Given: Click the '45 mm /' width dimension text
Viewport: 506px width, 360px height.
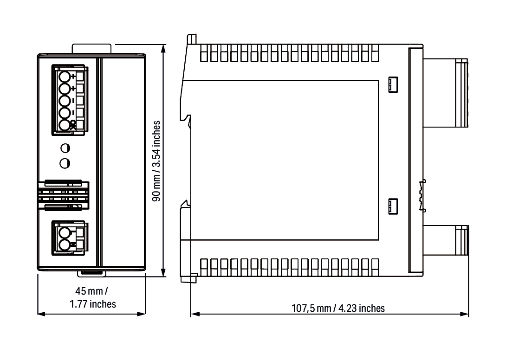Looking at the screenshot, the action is pos(91,291).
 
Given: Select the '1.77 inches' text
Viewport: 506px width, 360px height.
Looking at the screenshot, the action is pos(93,304).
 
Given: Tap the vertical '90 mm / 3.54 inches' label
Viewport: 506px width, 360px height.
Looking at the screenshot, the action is pos(156,161).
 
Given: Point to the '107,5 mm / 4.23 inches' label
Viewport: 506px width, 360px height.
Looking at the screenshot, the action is pos(338,308).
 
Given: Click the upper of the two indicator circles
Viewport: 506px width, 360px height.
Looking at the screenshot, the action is pos(65,148).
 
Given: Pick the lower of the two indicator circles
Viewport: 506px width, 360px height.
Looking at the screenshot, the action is pos(65,163).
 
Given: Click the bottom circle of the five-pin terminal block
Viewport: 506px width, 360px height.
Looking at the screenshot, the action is pos(65,125).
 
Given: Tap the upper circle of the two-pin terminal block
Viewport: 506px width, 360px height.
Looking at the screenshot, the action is pos(65,232).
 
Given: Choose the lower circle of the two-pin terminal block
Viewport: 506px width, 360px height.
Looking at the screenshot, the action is pos(65,244).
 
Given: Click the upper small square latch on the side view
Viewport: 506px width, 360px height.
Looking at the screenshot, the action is pos(393,85).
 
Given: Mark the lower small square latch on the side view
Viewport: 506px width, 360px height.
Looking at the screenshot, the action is pos(393,206).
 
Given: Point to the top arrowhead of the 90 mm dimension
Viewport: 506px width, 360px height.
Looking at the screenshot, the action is pos(163,48).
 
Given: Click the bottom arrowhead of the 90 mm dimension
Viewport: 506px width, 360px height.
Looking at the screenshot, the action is pos(163,273).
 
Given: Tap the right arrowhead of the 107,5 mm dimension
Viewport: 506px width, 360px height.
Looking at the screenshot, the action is pos(464,314).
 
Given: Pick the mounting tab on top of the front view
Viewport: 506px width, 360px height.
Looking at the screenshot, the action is pos(91,48).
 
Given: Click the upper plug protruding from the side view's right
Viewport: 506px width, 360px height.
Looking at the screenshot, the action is pos(446,93).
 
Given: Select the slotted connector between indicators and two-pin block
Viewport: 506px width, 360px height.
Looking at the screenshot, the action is pos(63,195).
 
